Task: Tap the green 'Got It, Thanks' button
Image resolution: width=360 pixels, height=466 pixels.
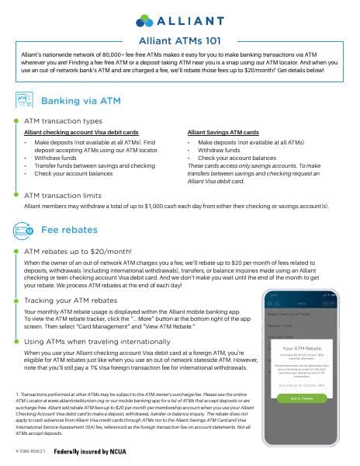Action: pyautogui.click(x=308, y=398)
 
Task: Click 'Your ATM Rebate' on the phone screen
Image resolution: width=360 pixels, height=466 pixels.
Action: pyautogui.click(x=307, y=349)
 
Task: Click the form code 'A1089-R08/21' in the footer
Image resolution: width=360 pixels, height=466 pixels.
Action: pyautogui.click(x=30, y=450)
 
